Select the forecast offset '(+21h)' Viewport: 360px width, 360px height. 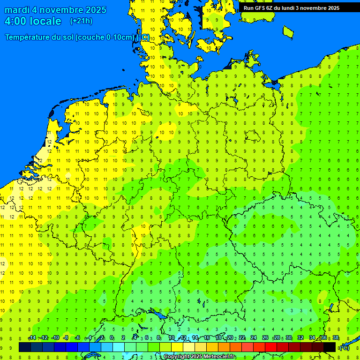(81, 21)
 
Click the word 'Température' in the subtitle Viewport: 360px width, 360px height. (28, 37)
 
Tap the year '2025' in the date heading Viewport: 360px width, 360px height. (94, 10)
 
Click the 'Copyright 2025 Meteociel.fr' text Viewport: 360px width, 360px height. (199, 357)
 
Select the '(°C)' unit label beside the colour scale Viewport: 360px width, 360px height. (344, 347)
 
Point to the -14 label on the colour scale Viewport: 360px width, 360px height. (32, 338)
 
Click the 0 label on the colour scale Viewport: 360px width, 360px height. (112, 338)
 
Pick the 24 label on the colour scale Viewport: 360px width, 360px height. (254, 338)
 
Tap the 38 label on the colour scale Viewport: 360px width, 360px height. (335, 338)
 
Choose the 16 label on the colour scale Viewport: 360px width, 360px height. (207, 338)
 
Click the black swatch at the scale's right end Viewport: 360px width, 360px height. (330, 347)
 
